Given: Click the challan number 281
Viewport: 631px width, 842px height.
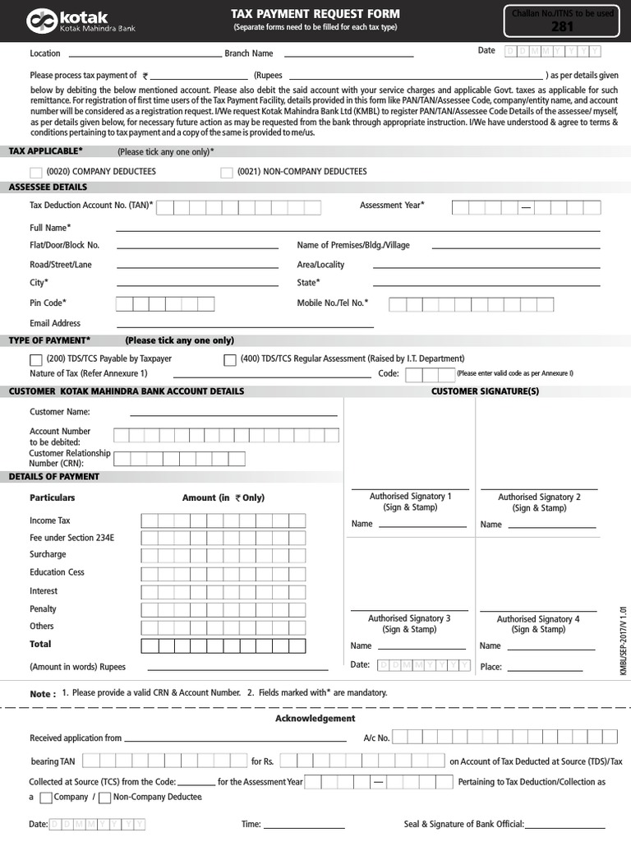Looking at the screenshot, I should (562, 26).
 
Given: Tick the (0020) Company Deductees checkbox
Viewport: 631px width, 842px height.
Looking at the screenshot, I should (36, 172).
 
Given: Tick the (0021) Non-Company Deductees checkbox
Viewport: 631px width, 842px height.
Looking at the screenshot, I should (227, 172).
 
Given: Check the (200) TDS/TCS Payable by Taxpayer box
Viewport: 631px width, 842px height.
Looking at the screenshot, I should (36, 359).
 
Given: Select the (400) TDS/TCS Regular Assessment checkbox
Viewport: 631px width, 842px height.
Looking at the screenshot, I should (230, 359).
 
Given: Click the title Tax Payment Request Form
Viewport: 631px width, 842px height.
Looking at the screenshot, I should (315, 14).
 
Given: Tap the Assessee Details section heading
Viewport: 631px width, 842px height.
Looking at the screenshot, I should (48, 187).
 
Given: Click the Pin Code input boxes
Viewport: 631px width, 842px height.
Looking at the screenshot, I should (164, 304).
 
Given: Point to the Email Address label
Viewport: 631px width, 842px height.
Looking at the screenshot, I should (55, 323).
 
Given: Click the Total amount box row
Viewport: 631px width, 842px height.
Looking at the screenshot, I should (223, 645).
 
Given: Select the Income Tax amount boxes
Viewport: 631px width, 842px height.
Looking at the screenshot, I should (223, 520).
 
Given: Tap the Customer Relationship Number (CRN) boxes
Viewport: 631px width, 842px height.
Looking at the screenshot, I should (169, 459).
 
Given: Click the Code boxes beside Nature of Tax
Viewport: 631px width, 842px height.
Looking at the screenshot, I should (425, 375).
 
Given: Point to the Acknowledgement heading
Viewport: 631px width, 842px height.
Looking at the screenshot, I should (315, 719).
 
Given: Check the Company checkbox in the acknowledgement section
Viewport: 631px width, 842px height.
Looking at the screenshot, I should (46, 798).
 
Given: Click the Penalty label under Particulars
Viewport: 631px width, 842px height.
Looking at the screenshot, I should (43, 609).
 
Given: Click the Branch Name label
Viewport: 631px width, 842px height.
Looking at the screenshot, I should (249, 53).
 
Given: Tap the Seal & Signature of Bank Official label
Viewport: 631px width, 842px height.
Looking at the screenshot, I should (463, 824).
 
